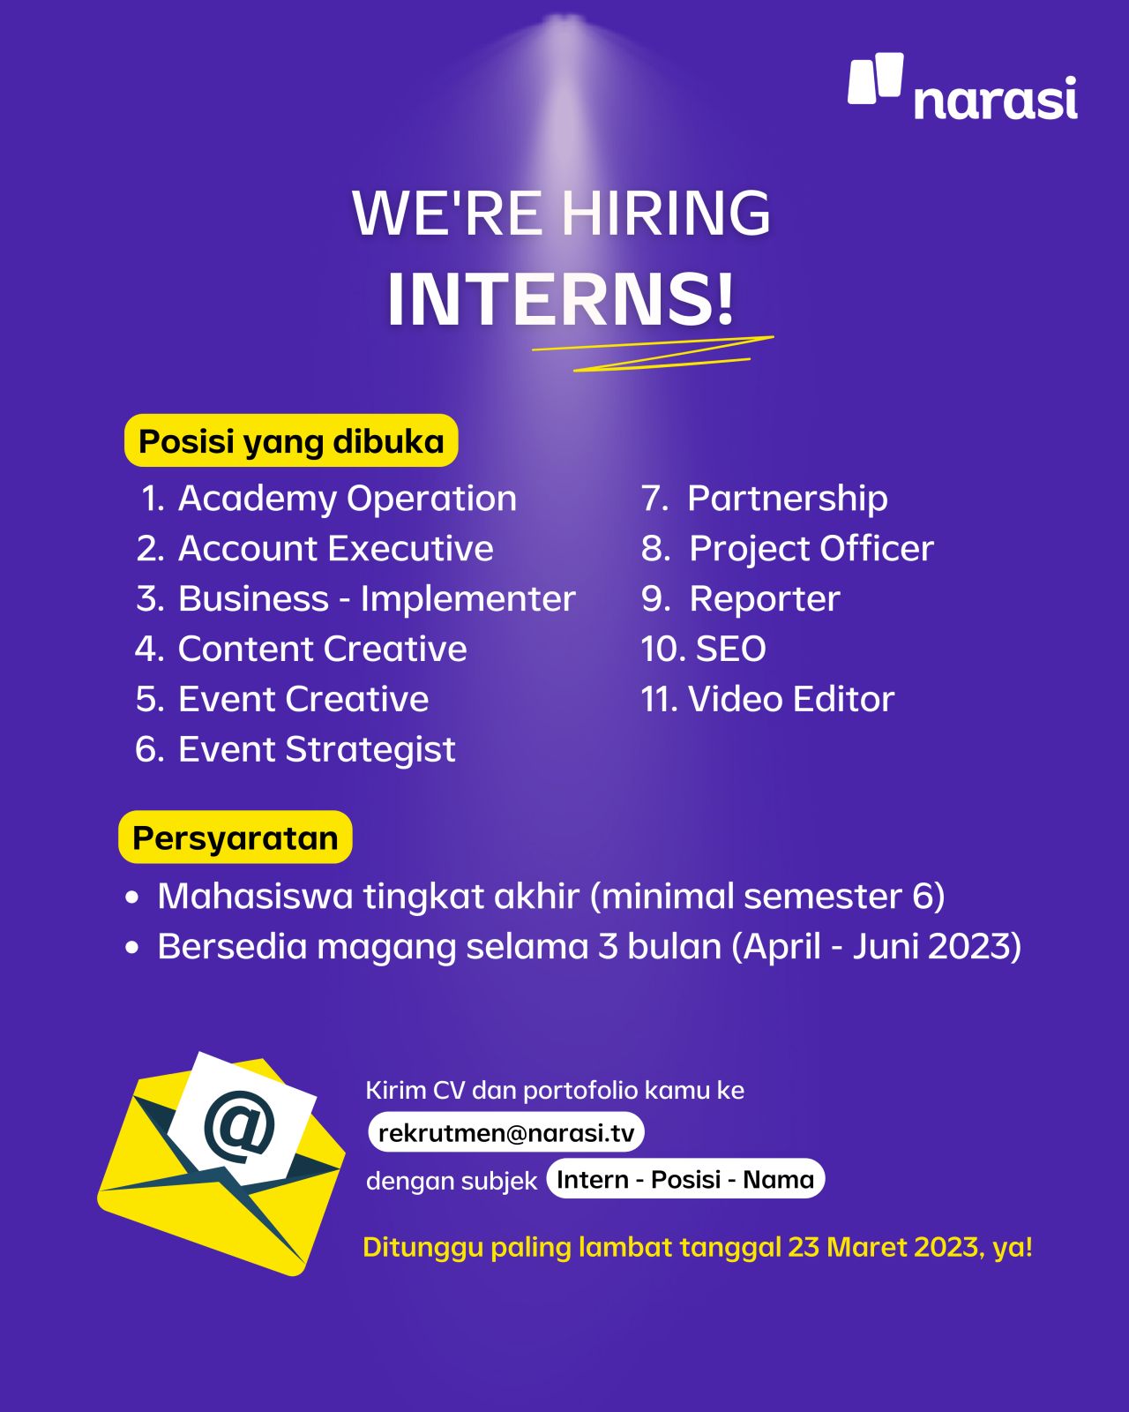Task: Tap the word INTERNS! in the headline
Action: point(560,298)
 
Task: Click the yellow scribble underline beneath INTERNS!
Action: point(653,354)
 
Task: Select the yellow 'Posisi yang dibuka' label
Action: point(291,441)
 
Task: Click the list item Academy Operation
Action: point(347,499)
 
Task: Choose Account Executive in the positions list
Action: point(335,549)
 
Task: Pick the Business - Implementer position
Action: point(377,599)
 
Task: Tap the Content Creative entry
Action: point(322,649)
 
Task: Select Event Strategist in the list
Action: point(316,750)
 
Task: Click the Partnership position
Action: point(788,499)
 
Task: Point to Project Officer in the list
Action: point(811,549)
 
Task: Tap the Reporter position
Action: point(764,599)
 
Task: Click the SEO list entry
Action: point(730,649)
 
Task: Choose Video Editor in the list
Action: point(790,699)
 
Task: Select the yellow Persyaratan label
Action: point(235,837)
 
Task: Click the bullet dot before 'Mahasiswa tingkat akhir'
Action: point(131,897)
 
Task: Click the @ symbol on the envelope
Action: point(238,1126)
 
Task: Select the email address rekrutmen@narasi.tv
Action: point(505,1132)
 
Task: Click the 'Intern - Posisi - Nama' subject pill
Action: point(684,1179)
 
